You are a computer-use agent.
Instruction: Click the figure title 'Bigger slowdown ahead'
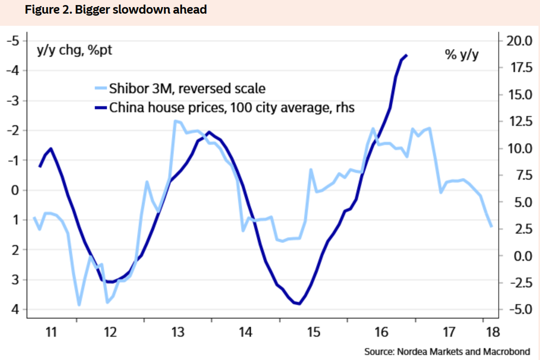pyautogui.click(x=116, y=9)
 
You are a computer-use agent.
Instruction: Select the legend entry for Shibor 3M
pyautogui.click(x=187, y=88)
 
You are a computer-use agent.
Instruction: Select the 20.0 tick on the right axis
pyautogui.click(x=518, y=41)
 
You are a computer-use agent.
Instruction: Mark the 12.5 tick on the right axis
pyautogui.click(x=518, y=121)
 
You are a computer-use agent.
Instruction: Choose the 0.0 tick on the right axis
pyautogui.click(x=519, y=256)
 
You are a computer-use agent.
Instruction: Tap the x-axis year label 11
pyautogui.click(x=51, y=332)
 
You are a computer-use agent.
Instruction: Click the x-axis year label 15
pyautogui.click(x=313, y=332)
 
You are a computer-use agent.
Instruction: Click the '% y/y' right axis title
pyautogui.click(x=462, y=55)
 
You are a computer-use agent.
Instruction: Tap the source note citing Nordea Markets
pyautogui.click(x=447, y=351)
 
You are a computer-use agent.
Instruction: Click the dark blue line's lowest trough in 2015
pyautogui.click(x=299, y=304)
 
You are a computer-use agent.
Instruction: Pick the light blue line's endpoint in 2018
pyautogui.click(x=491, y=227)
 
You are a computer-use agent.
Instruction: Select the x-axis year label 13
pyautogui.click(x=177, y=332)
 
